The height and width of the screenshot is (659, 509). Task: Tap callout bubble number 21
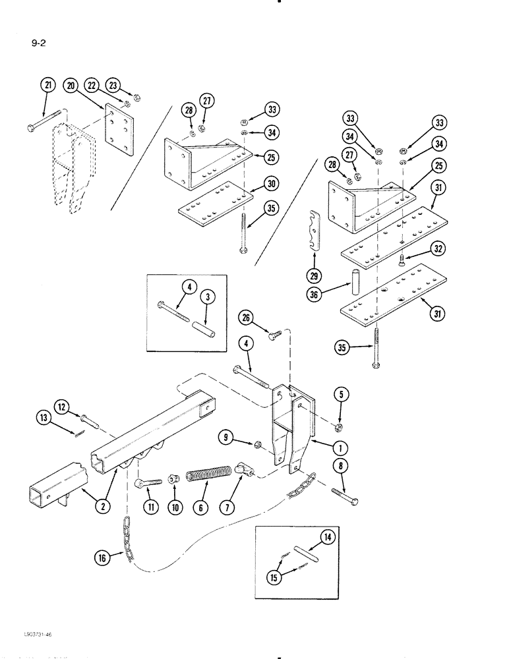pyautogui.click(x=46, y=85)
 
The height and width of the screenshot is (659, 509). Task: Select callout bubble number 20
pyautogui.click(x=71, y=85)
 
